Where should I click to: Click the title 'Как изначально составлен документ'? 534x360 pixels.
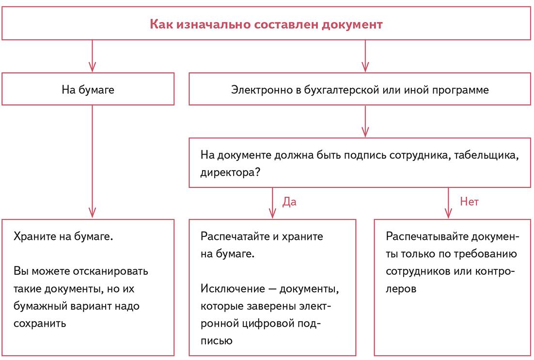point(266,24)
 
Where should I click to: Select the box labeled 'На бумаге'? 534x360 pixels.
point(88,90)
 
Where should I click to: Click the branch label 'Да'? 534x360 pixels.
point(289,202)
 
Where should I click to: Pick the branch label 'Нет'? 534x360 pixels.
point(469,202)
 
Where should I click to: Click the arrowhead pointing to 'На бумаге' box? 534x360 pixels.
point(92,67)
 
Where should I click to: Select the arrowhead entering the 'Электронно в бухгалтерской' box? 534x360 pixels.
point(365,67)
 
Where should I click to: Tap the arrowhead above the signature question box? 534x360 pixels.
point(365,131)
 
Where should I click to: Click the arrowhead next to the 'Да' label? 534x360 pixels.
point(272,213)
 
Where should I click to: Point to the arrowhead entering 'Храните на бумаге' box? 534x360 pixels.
point(92,213)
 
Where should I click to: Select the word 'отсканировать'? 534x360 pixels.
point(111,271)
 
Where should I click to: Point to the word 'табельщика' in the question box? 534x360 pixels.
point(487,155)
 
